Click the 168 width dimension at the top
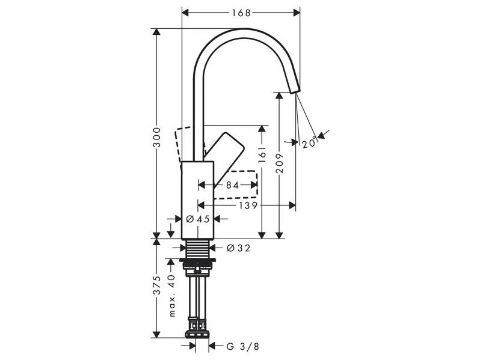[241, 13]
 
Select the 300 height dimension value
[157, 137]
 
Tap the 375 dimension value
[157, 285]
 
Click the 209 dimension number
[280, 163]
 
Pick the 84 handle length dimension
[232, 185]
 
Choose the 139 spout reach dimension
[248, 206]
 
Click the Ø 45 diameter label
[198, 219]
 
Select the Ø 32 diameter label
[238, 248]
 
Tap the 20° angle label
[309, 143]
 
